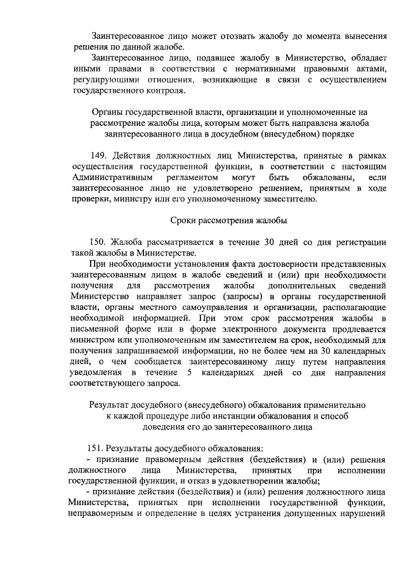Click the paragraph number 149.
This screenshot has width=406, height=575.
point(101,156)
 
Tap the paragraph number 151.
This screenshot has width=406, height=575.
point(101,448)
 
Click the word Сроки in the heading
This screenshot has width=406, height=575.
point(185,220)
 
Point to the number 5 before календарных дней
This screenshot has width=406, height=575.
point(180,372)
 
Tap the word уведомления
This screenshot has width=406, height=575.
point(97,372)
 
